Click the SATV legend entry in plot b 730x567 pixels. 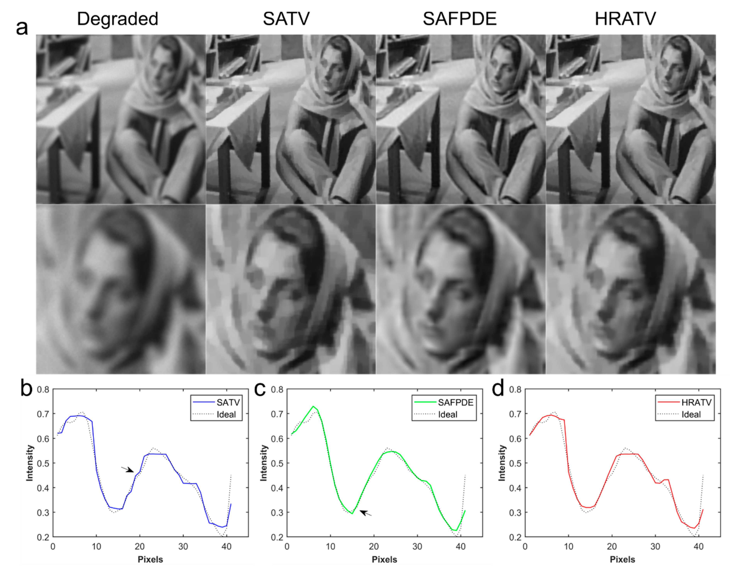pyautogui.click(x=228, y=402)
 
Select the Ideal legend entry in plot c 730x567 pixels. pyautogui.click(x=448, y=415)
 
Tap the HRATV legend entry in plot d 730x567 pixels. pyautogui.click(x=696, y=402)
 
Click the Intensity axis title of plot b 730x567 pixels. pyautogui.click(x=30, y=463)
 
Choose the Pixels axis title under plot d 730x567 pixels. pyautogui.click(x=622, y=559)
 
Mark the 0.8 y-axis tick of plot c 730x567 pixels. pyautogui.click(x=277, y=389)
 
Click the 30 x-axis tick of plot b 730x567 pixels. pyautogui.click(x=183, y=547)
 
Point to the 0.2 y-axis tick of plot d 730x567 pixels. pyautogui.click(x=515, y=537)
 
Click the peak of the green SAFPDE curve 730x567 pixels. pyautogui.click(x=313, y=406)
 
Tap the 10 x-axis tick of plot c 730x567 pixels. pyautogui.click(x=330, y=547)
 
